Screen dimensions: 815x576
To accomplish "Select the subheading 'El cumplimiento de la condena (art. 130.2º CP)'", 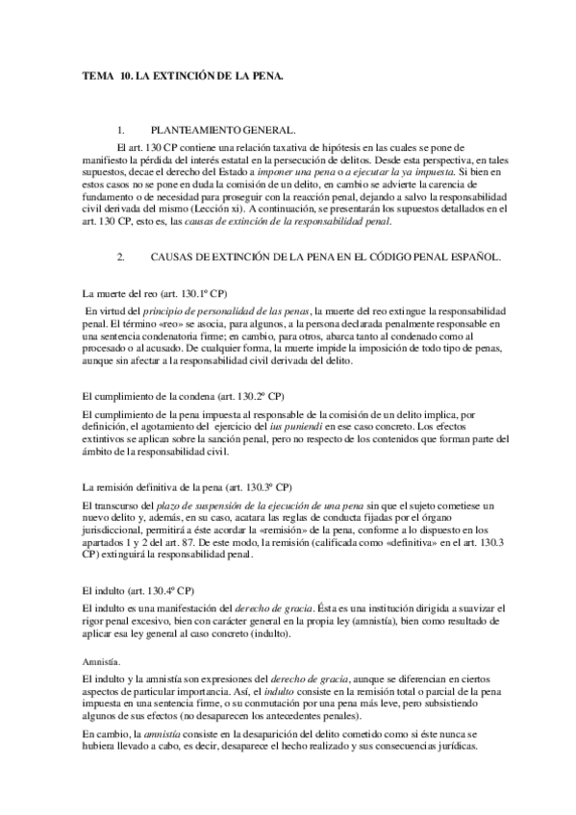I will tap(183, 395).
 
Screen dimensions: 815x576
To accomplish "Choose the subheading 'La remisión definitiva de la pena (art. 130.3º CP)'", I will tap(188, 486).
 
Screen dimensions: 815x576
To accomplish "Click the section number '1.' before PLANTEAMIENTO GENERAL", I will tap(120, 129).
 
